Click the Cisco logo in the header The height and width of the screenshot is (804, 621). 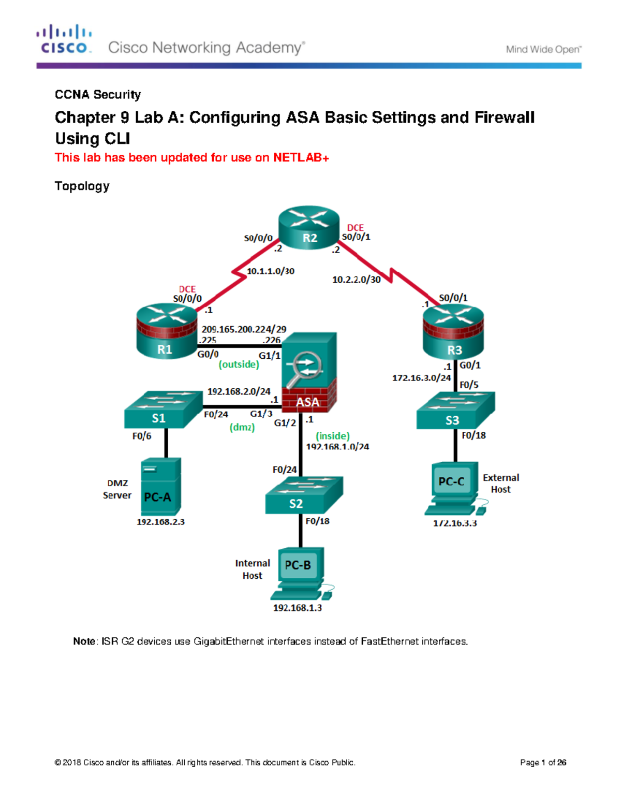[64, 39]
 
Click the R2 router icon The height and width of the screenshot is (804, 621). [309, 228]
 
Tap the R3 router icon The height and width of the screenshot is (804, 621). [453, 332]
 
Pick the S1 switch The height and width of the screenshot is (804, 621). [162, 410]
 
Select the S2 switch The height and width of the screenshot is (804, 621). [303, 495]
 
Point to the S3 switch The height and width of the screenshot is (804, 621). [455, 411]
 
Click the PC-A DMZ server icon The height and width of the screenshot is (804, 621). [160, 487]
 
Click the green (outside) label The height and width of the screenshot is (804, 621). [239, 364]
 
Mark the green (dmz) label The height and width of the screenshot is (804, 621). [242, 428]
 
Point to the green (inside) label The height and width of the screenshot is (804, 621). [333, 436]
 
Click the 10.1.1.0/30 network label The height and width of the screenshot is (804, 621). [270, 271]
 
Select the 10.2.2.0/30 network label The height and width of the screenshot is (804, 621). [356, 280]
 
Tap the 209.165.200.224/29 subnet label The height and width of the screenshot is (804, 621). [244, 329]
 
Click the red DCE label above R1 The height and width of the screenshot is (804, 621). [187, 289]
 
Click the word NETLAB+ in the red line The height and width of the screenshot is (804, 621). [301, 157]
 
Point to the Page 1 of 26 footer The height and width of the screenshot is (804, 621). [543, 763]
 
